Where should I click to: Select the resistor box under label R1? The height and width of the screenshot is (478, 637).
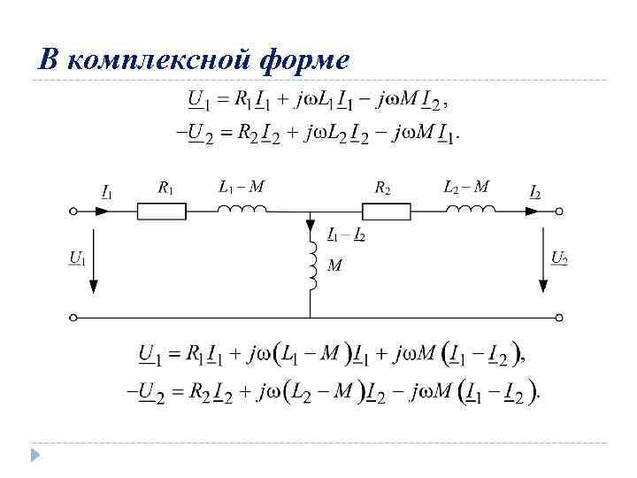click(x=162, y=211)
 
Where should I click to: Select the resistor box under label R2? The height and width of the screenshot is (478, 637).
click(x=387, y=211)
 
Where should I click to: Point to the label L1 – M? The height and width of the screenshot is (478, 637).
click(x=241, y=187)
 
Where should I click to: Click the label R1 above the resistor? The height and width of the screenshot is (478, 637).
click(x=165, y=188)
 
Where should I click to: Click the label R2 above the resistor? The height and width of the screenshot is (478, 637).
click(x=382, y=188)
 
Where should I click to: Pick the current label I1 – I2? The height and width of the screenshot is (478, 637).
click(x=346, y=235)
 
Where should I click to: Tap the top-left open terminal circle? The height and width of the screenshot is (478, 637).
click(x=74, y=212)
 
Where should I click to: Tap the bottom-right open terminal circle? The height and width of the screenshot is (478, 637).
click(x=559, y=317)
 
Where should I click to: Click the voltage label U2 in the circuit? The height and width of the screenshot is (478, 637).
click(x=559, y=258)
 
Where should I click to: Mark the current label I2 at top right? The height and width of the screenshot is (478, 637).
click(x=535, y=191)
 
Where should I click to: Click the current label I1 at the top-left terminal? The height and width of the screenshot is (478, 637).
click(x=106, y=191)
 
